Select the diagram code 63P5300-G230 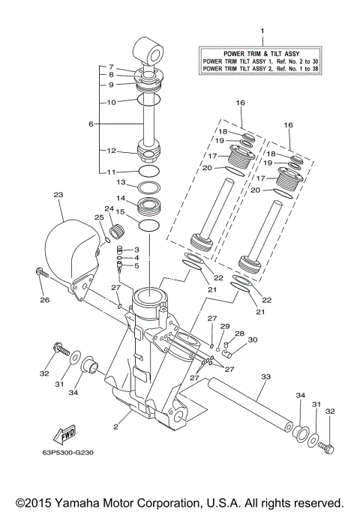click(73, 453)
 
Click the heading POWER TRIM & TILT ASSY click(262, 52)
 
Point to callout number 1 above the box click(262, 31)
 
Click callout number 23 click(58, 194)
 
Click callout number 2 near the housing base click(116, 427)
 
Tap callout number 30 click(253, 340)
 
